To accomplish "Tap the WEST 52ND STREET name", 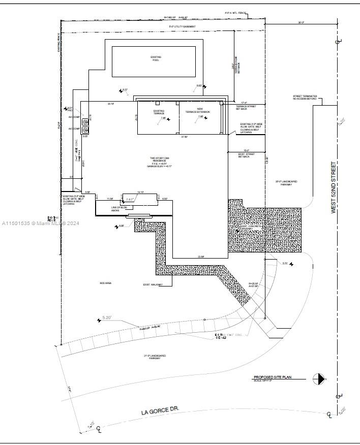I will coord(334,187).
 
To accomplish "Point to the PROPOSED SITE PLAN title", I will coord(275,377).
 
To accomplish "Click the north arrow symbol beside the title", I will coord(319,378).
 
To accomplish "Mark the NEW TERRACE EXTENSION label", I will coord(197,111).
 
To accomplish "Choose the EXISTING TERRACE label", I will coord(159,112).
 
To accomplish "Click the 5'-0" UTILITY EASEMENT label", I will coord(183,26).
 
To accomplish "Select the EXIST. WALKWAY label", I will coord(153,284).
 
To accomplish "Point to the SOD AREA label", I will coord(105,282).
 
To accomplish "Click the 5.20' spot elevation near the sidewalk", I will coord(107,317).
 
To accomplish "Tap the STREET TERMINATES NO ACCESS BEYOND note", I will coord(305,97).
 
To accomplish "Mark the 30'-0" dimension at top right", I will coord(301,22).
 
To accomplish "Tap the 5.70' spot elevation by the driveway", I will coord(285,263).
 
